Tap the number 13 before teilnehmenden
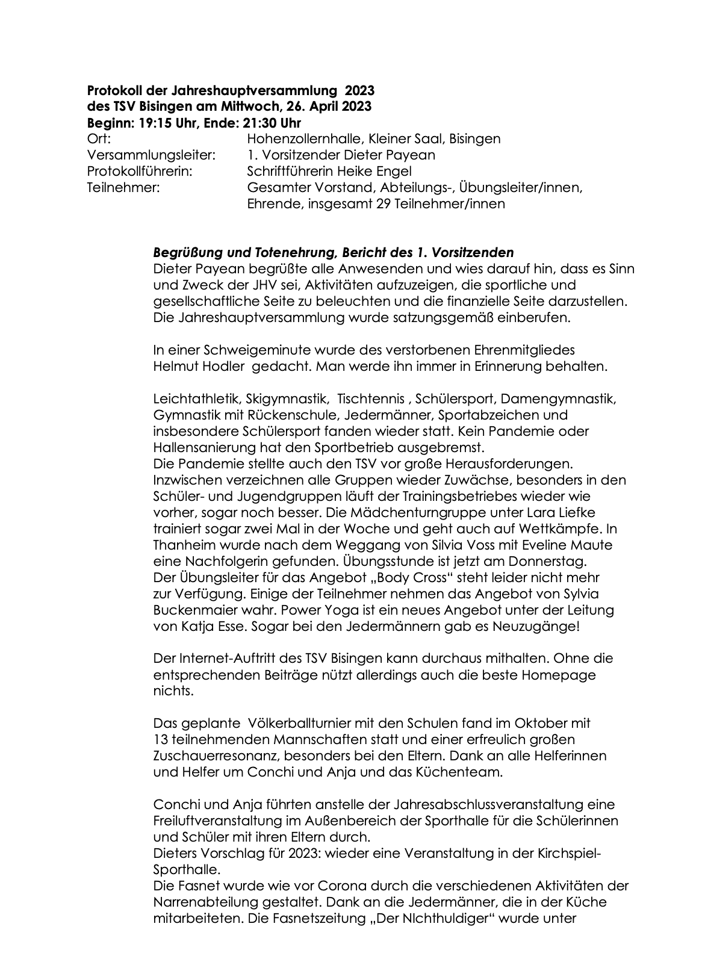click(x=160, y=739)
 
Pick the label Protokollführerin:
click(x=140, y=171)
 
